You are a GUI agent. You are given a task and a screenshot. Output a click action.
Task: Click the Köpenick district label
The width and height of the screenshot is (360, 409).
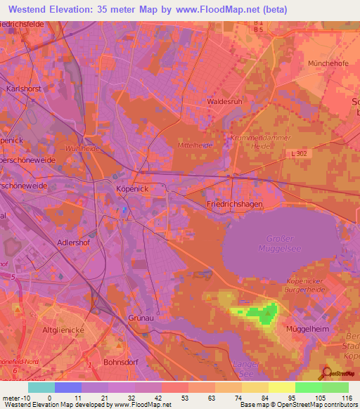[x=130, y=189]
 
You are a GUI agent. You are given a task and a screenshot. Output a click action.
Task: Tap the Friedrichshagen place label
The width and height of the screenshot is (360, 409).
[x=236, y=203]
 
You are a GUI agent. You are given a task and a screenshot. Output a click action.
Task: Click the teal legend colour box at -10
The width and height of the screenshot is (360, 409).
[x=41, y=387]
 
